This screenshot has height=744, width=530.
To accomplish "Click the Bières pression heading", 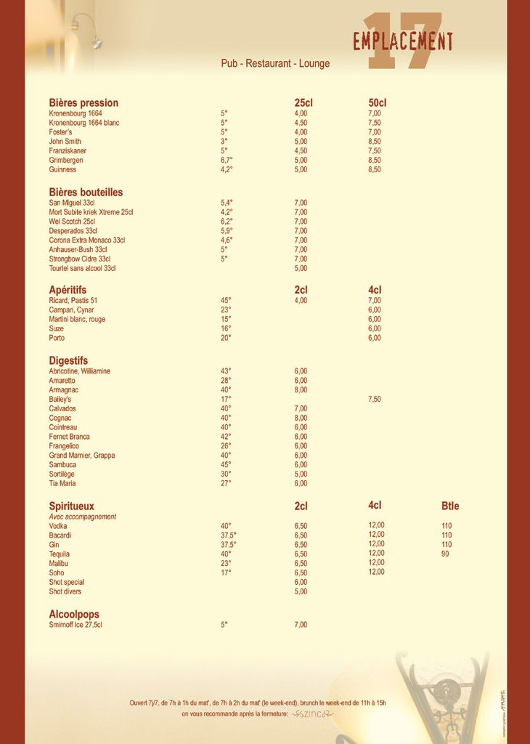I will click(83, 102).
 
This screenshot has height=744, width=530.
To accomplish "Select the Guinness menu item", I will click(62, 169).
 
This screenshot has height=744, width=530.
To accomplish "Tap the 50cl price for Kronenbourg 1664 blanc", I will click(375, 123).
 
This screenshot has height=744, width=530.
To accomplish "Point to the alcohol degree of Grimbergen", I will click(227, 160).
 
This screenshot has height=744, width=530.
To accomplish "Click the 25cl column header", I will click(303, 102).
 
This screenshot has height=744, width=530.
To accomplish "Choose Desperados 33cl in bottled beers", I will click(73, 231).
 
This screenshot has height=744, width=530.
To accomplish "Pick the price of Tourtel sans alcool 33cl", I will click(301, 268).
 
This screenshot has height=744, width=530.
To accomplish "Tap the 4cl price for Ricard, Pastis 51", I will click(375, 300).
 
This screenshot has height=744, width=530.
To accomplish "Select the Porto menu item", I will click(57, 338).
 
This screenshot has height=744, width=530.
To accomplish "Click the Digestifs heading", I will click(68, 360).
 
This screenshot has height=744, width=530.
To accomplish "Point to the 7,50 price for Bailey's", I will click(375, 399).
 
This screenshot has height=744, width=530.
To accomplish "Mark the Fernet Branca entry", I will click(70, 437).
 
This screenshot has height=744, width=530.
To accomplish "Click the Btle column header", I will click(450, 506).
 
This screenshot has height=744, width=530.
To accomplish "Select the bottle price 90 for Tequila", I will click(446, 554).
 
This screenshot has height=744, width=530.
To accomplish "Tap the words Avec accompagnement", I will click(83, 517).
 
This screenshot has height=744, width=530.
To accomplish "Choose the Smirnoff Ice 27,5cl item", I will click(76, 624).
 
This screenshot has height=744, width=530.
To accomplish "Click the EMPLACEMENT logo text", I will click(403, 41).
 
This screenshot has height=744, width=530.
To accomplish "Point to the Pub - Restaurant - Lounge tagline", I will click(275, 63).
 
